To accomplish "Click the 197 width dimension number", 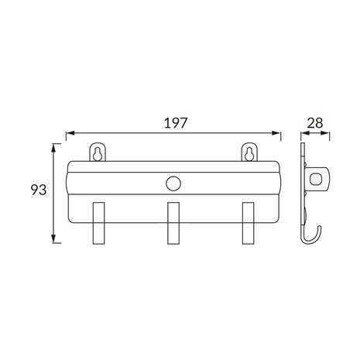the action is tap(175, 123).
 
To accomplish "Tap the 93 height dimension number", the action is tap(39, 190).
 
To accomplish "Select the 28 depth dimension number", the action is tap(315, 123).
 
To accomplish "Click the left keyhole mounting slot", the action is tap(98, 154).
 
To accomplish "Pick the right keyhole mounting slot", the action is tap(249, 154).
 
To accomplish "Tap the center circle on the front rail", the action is tap(173, 183).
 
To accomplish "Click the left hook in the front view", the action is tap(98, 223).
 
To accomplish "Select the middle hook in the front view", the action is tap(173, 223).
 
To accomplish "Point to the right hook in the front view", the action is tap(248, 223).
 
